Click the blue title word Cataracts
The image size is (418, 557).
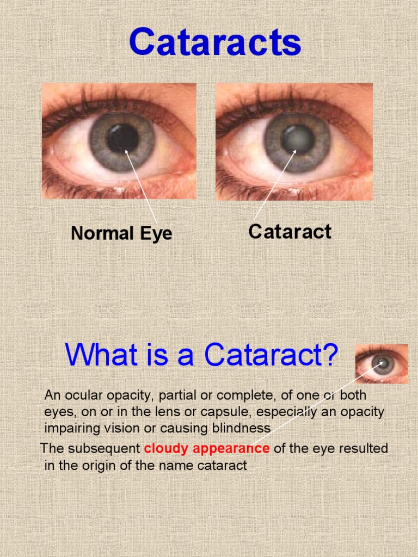point(215,43)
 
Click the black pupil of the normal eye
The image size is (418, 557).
point(122,138)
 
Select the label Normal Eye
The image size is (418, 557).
point(121,233)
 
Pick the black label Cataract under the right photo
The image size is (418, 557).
point(290,232)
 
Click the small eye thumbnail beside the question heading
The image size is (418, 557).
point(382,364)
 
